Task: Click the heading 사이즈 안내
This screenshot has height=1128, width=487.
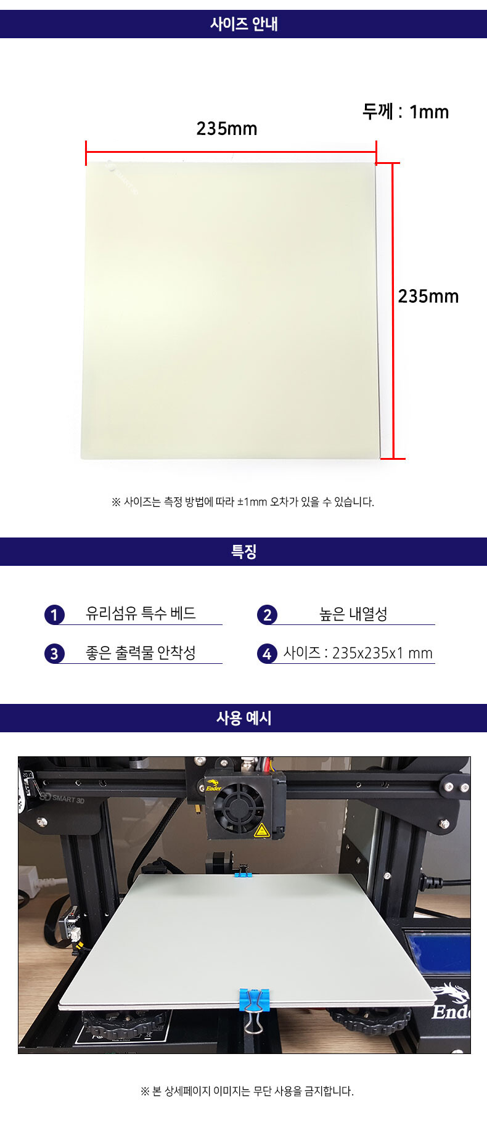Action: (x=243, y=24)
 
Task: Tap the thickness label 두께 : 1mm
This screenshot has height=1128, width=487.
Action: (x=406, y=112)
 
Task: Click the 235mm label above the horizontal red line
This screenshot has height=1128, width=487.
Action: (x=227, y=128)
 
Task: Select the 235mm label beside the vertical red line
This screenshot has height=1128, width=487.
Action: (x=428, y=296)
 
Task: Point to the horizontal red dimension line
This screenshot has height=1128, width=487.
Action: (x=231, y=152)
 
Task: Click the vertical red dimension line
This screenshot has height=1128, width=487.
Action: (x=393, y=311)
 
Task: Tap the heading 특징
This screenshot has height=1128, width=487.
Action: (x=243, y=552)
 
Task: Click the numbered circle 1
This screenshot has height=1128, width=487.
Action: (x=54, y=615)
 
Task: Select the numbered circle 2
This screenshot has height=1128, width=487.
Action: (x=267, y=615)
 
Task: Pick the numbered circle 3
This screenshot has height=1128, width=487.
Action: (x=54, y=653)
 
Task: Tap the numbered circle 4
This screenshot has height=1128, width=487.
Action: (x=267, y=653)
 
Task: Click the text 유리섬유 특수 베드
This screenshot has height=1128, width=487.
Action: (x=141, y=613)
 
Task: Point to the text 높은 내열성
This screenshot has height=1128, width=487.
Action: (x=353, y=614)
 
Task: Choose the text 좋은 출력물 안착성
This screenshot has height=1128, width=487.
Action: (x=141, y=653)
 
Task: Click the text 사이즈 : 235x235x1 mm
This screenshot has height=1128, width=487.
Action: (x=358, y=653)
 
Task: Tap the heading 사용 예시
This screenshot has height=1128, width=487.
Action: (x=243, y=718)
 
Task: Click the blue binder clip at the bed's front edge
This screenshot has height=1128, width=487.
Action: (x=254, y=1008)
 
